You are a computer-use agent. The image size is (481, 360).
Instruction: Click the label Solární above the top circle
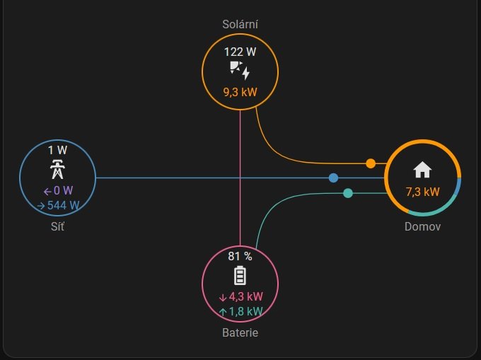[240, 25]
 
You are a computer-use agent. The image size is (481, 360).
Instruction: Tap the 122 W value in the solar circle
[240, 52]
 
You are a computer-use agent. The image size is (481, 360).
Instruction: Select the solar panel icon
[240, 71]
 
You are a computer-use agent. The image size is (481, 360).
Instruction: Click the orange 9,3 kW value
[240, 92]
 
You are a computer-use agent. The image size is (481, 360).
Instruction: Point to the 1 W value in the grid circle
[57, 150]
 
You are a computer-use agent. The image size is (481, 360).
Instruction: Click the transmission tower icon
[57, 169]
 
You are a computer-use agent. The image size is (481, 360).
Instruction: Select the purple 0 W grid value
[58, 190]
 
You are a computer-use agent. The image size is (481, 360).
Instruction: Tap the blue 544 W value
[58, 206]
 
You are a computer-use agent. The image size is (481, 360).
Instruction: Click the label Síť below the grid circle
[57, 227]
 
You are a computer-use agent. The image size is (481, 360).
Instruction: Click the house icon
[422, 170]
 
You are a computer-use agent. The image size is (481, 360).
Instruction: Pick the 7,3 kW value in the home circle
[422, 192]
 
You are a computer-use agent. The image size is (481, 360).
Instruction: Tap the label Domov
[422, 227]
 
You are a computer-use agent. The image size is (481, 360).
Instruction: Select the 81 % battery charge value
[240, 256]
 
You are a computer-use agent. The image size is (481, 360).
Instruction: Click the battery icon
[240, 276]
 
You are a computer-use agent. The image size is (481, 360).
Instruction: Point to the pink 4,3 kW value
[240, 296]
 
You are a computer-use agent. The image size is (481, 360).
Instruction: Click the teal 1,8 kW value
[240, 311]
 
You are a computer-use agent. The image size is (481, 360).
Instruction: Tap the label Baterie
[240, 332]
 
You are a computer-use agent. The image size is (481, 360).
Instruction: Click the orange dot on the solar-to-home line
[371, 163]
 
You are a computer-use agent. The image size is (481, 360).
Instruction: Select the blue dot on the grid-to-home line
[333, 178]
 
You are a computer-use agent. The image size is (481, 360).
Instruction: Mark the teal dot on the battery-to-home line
[347, 193]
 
